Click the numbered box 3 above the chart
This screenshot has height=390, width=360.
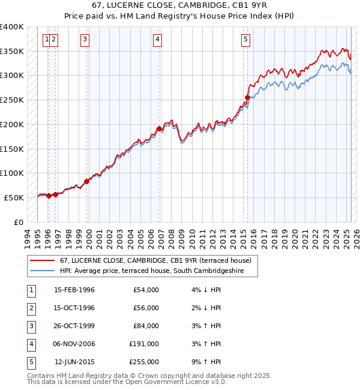click(x=85, y=40)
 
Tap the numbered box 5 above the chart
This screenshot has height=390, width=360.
click(x=246, y=40)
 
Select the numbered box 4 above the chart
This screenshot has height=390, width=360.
click(x=157, y=40)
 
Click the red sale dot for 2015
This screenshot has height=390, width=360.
click(x=247, y=97)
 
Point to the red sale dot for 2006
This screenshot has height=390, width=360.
click(x=159, y=128)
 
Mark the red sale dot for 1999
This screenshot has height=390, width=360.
click(x=87, y=181)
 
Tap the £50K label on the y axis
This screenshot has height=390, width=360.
click(x=14, y=197)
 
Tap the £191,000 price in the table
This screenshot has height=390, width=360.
click(x=144, y=344)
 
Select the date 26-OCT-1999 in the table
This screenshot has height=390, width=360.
click(x=74, y=326)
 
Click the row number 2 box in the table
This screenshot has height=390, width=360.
click(x=31, y=308)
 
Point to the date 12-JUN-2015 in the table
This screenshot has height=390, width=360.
click(x=74, y=362)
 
